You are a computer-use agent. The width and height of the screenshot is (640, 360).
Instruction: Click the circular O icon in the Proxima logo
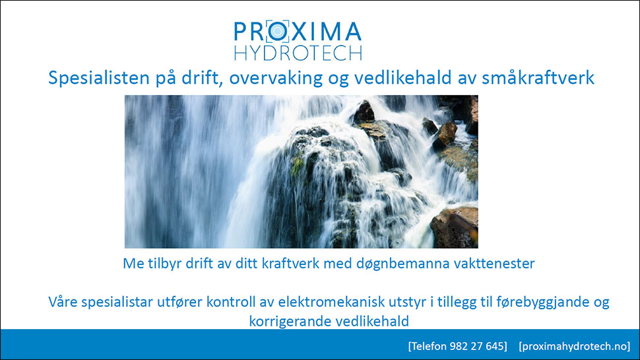tap(278, 31)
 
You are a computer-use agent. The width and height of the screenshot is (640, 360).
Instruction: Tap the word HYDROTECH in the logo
tap(298, 53)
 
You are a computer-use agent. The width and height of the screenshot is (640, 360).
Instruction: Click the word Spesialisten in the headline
tap(99, 77)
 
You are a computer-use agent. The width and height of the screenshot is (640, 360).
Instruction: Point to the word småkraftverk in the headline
tap(538, 77)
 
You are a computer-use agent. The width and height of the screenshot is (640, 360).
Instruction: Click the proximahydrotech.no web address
tap(575, 346)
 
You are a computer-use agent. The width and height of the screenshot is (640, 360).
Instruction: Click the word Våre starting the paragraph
tap(63, 302)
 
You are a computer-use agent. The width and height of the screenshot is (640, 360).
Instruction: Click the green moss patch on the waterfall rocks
tap(297, 165)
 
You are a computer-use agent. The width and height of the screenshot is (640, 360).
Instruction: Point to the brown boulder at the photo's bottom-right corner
tap(455, 227)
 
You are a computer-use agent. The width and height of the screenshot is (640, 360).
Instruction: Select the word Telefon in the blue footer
tap(429, 346)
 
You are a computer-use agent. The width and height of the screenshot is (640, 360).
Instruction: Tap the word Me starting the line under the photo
tap(133, 263)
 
